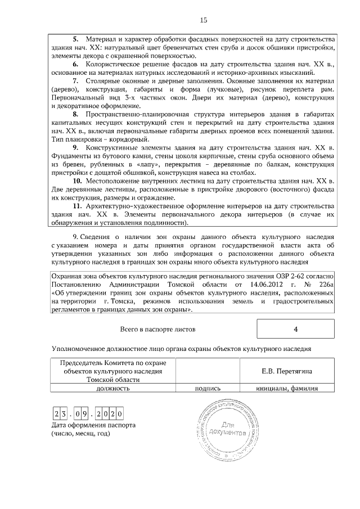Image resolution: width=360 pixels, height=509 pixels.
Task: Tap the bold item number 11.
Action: coord(78,206)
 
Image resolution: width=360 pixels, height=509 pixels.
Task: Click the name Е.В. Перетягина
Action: coord(287,371)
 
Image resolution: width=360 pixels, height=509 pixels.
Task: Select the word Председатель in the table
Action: coord(83,363)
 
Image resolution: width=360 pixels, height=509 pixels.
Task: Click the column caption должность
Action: coord(113,388)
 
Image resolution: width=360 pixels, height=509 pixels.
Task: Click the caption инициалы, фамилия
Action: coord(287,388)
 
